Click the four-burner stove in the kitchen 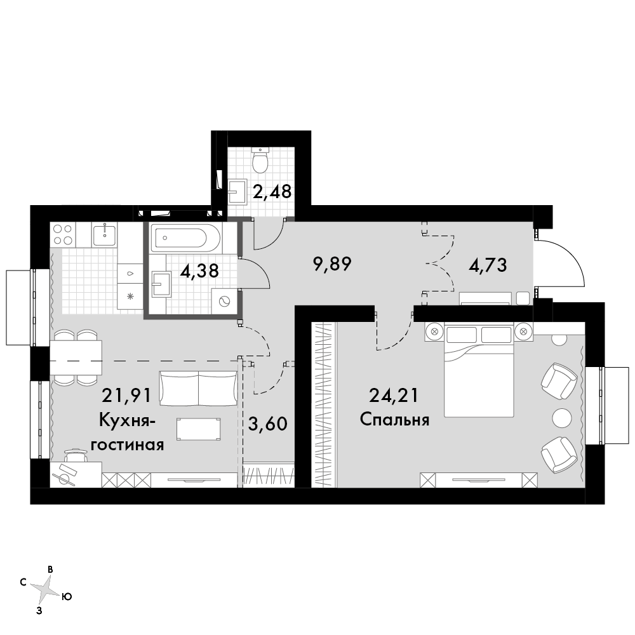(x=63, y=234)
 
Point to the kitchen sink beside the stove (x=104, y=234)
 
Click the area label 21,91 (x=126, y=396)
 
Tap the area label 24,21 (x=394, y=396)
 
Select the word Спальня (x=394, y=420)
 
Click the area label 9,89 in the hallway (x=332, y=265)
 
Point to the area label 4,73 (x=488, y=265)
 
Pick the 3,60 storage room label (x=268, y=424)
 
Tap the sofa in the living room (x=198, y=388)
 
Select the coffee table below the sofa (x=199, y=429)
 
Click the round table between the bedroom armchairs (x=562, y=417)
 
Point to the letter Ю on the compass (x=67, y=596)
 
